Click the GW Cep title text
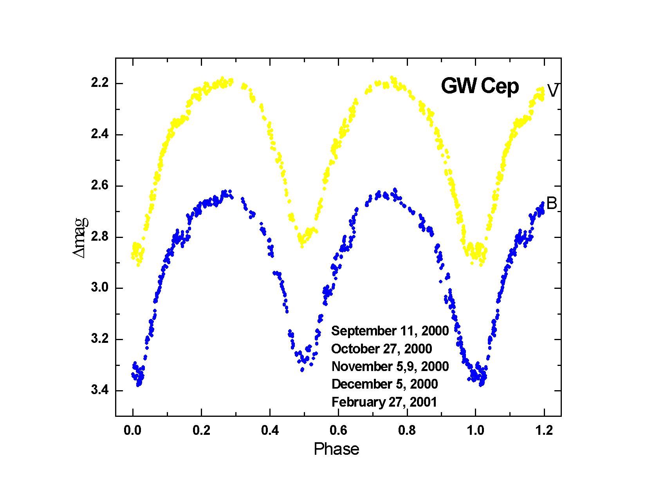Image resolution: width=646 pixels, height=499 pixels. tap(480, 86)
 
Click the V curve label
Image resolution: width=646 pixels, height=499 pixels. tap(553, 91)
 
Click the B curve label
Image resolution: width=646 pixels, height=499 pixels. tap(551, 204)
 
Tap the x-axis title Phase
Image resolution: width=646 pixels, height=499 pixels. tap(336, 449)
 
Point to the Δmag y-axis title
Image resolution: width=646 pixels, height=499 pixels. tap(80, 237)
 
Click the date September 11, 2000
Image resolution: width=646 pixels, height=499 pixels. tap(390, 331)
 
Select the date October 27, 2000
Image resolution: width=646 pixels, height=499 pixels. tap(382, 349)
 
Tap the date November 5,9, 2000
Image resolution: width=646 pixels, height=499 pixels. tap(390, 366)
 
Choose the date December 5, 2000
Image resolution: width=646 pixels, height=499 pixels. tap(384, 384)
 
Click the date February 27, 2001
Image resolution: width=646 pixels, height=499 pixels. tap(384, 402)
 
